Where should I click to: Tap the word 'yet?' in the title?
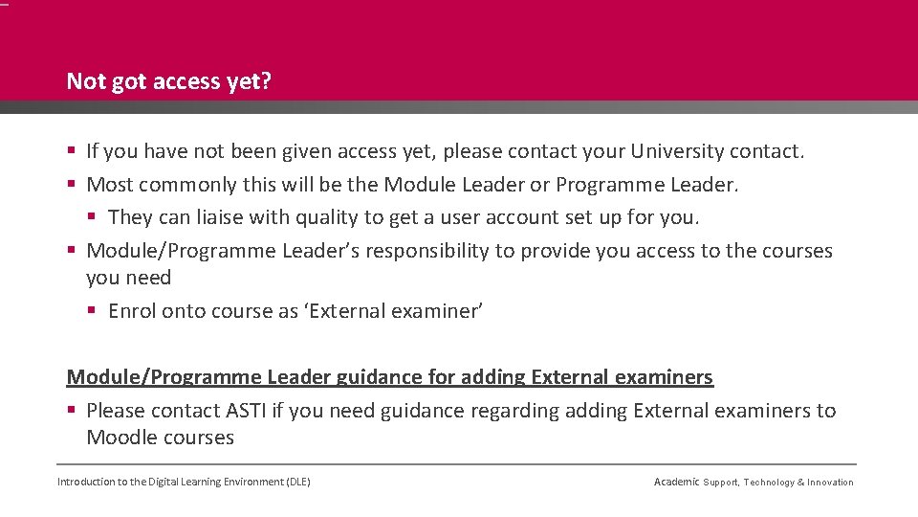(250, 82)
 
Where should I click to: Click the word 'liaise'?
(220, 217)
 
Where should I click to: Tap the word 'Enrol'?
(133, 311)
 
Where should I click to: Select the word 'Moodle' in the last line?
(122, 438)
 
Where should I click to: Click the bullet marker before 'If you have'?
(73, 151)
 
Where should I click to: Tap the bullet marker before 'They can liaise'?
(94, 217)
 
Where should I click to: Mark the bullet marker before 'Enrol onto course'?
(94, 311)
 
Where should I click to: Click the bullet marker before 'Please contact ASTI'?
(73, 411)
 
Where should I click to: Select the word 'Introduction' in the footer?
(85, 482)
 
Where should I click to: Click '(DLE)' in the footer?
(298, 482)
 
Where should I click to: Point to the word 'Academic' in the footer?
(676, 482)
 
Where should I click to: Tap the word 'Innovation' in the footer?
(830, 483)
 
